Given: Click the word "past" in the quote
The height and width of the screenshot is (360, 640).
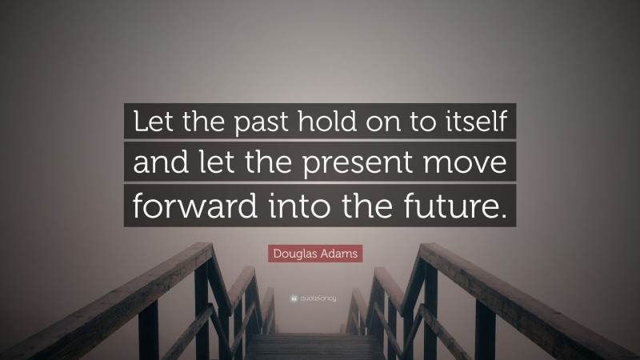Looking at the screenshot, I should pos(254,124).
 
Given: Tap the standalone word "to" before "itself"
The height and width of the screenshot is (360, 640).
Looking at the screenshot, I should pos(421,124).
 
